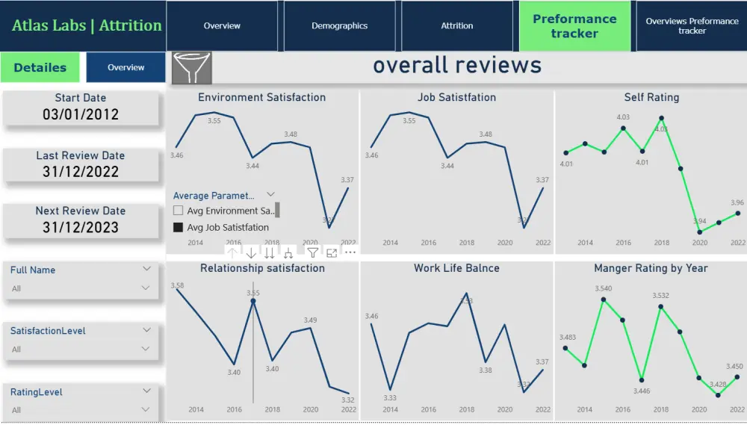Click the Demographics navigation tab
pos(339,25)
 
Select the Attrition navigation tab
pos(456,25)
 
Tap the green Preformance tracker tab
pos(574,26)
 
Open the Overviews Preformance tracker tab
pos(692,25)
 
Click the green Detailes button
pos(40,67)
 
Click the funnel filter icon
pos(192,68)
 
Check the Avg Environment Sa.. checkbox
pos(179,211)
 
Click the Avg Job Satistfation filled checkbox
pos(179,227)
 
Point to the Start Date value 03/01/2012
pos(81,115)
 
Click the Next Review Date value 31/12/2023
pos(81,228)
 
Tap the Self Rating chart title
pos(651,97)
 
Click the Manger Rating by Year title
pos(651,267)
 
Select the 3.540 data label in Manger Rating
pos(604,288)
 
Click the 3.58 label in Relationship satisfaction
pos(177,285)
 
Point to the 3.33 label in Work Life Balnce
pos(390,397)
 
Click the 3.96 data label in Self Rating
pos(737,202)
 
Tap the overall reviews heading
pos(457,66)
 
